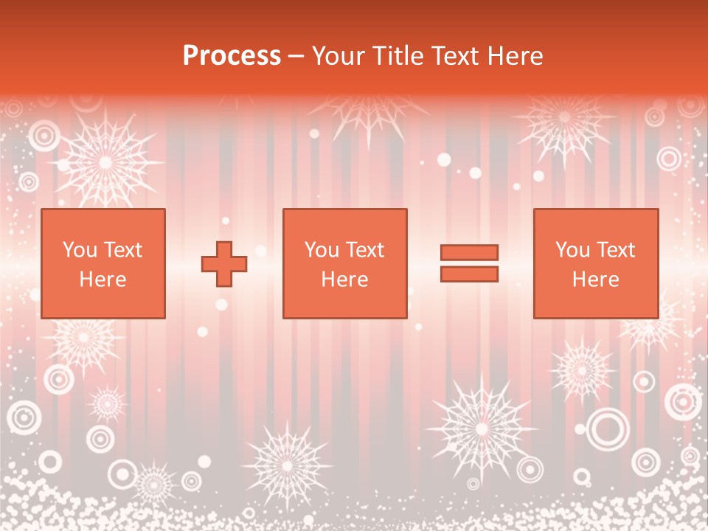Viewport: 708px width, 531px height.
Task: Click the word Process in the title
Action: coord(232,56)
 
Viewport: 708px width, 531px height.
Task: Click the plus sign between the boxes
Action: coord(224,264)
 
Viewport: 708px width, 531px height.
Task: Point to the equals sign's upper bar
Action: coord(469,253)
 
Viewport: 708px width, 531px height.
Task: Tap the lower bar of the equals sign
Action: coord(469,274)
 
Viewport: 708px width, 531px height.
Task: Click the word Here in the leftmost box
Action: coord(103,280)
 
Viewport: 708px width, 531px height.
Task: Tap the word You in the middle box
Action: coord(322,250)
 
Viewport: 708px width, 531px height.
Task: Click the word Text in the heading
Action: coord(456,56)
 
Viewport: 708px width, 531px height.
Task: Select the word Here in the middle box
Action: coord(344,280)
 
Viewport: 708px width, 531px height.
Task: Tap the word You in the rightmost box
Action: coord(572,250)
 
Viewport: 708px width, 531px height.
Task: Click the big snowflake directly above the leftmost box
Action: coord(105,159)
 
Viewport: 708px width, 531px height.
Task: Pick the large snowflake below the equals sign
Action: coord(481,426)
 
